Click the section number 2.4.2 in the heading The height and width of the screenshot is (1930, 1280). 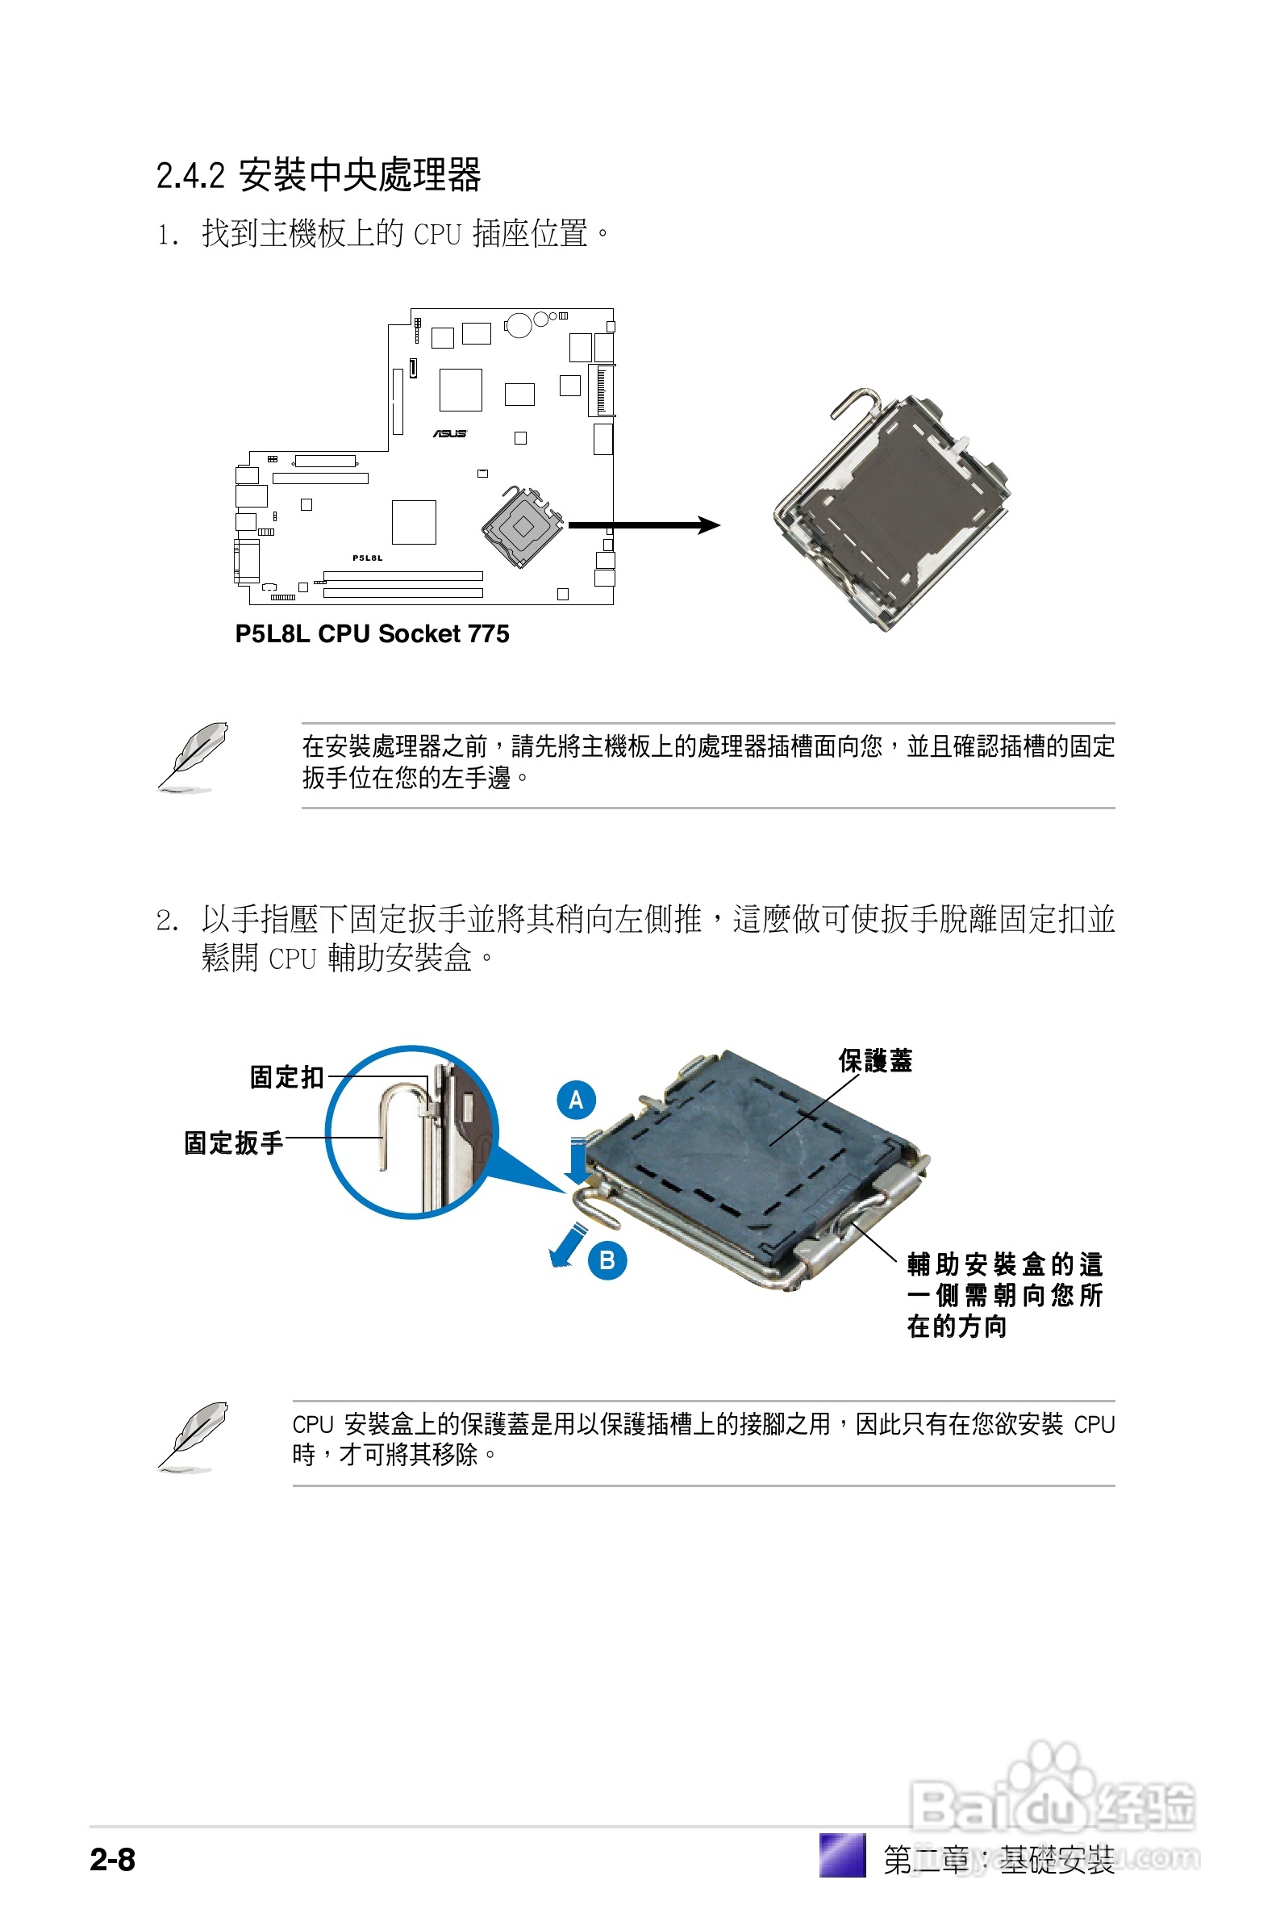click(190, 177)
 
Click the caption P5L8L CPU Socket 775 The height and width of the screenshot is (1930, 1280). click(372, 634)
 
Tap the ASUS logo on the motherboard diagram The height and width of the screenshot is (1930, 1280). click(450, 433)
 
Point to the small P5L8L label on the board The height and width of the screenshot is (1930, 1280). click(367, 558)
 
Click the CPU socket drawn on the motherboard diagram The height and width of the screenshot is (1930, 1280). click(523, 527)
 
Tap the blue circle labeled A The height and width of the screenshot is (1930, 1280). click(577, 1100)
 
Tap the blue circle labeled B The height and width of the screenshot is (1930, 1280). click(607, 1260)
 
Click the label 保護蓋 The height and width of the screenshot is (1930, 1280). click(875, 1060)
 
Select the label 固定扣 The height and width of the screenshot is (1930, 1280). click(286, 1077)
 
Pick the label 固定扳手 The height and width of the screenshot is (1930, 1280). click(233, 1143)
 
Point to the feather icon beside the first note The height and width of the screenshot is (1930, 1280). click(193, 756)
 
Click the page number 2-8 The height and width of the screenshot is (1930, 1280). click(113, 1859)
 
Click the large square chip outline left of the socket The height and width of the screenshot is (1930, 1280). click(414, 523)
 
